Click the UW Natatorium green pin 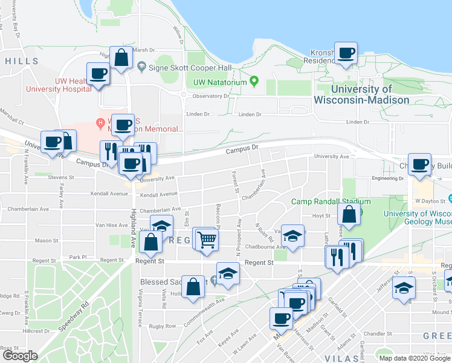point(254,82)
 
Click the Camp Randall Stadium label point(331,201)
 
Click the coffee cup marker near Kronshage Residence point(346,53)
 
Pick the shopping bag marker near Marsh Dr point(121,58)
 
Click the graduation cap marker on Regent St point(228,274)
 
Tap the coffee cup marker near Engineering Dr point(419,165)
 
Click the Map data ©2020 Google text point(415,358)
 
